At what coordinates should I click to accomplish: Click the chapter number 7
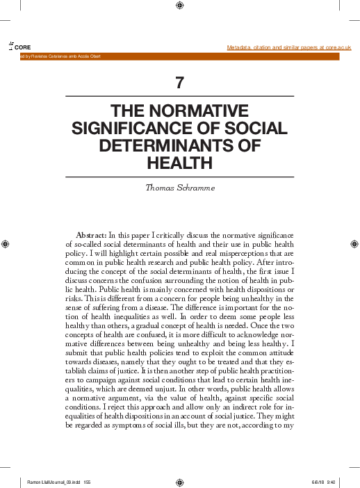180,83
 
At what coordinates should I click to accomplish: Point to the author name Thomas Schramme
180,188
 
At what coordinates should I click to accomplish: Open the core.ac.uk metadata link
289,47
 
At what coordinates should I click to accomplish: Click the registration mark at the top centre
180,6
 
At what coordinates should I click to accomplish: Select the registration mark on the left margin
6,243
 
